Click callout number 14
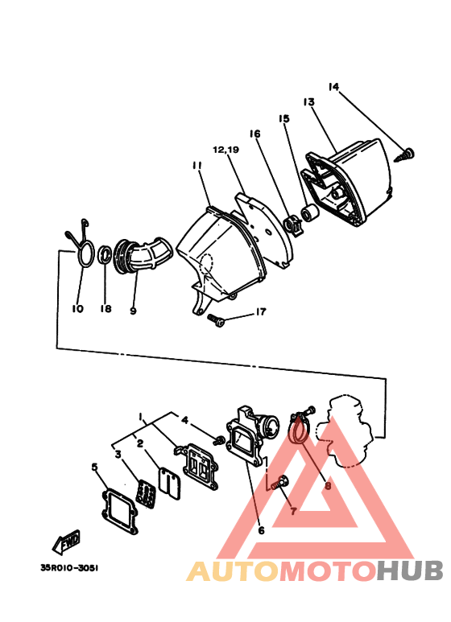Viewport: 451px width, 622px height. [334, 87]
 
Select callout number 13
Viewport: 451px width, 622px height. [308, 102]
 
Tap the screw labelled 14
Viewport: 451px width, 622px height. [408, 153]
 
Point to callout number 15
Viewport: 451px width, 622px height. [283, 119]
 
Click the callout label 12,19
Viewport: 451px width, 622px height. [226, 150]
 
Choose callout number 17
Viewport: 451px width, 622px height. [260, 312]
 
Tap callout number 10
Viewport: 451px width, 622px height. [78, 308]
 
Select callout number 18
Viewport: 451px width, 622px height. [106, 309]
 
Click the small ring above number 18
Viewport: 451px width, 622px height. [105, 256]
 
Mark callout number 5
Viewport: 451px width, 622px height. [94, 468]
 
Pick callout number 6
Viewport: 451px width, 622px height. [261, 530]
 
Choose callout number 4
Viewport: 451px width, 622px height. [184, 420]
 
